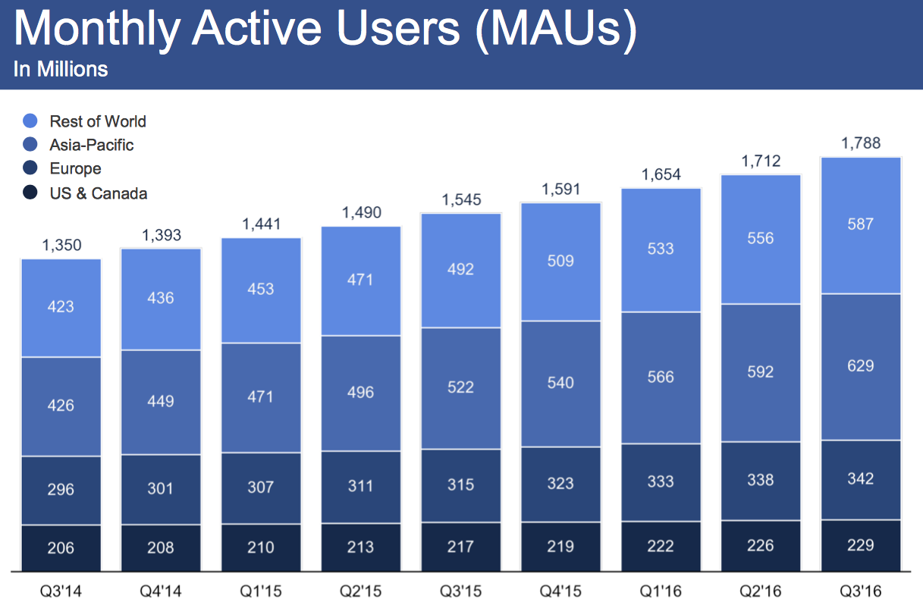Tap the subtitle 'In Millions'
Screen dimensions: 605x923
pos(61,70)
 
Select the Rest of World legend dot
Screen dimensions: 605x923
pos(30,121)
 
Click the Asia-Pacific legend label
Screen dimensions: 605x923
pos(91,145)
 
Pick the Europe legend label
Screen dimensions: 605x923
pos(75,169)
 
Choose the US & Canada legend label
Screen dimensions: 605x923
pos(98,193)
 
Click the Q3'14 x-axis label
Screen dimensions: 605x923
pos(61,589)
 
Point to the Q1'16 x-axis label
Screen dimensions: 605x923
pos(661,589)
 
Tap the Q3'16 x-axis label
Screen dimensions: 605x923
pos(861,589)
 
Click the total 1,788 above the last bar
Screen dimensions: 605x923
pos(861,143)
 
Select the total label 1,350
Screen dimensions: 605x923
pos(61,246)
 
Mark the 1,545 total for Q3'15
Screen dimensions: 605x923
pos(460,200)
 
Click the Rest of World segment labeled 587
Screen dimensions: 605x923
pos(861,224)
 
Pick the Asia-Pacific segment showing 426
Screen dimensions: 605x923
pos(61,406)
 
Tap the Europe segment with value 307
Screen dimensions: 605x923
pos(261,487)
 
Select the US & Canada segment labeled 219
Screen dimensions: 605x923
pos(560,546)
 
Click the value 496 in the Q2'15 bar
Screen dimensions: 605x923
pos(360,392)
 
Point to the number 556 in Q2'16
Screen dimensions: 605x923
pos(761,238)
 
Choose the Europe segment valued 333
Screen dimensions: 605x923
pos(661,481)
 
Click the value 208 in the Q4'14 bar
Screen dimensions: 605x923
pos(161,547)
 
